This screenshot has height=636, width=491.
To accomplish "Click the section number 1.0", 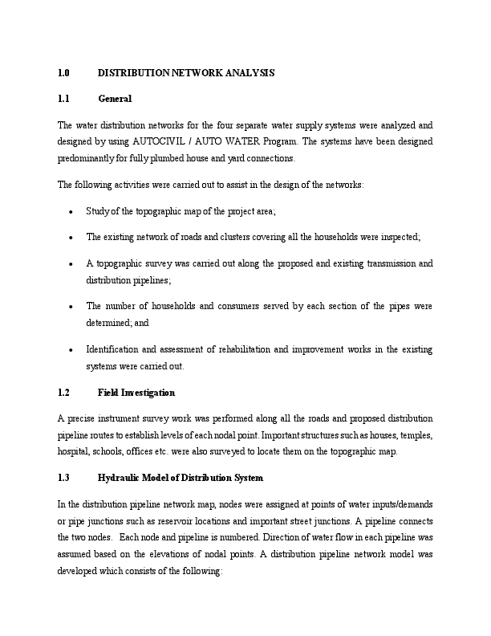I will pyautogui.click(x=64, y=73).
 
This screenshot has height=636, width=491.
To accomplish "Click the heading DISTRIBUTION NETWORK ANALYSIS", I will pyautogui.click(x=186, y=73).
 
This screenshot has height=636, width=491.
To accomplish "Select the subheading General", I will pyautogui.click(x=114, y=99).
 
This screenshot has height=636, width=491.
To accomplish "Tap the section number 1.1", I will pyautogui.click(x=64, y=99).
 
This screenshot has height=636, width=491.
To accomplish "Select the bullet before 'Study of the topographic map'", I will pyautogui.click(x=72, y=211).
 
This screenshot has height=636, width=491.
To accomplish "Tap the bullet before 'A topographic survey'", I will pyautogui.click(x=72, y=263).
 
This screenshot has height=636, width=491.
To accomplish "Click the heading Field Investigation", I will pyautogui.click(x=136, y=393).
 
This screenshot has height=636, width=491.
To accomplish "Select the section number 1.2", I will pyautogui.click(x=64, y=393).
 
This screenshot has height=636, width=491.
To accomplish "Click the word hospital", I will pyautogui.click(x=73, y=451).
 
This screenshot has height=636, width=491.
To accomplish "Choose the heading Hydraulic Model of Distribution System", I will pyautogui.click(x=180, y=478).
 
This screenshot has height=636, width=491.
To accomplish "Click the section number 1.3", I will pyautogui.click(x=64, y=478).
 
